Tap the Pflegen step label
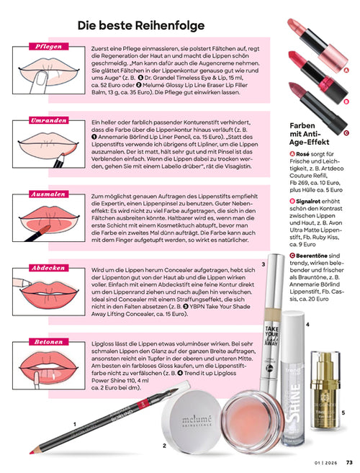point(48,46)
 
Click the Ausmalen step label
point(48,194)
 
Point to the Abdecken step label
point(48,267)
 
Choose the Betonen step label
point(48,341)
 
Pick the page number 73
point(348,462)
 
